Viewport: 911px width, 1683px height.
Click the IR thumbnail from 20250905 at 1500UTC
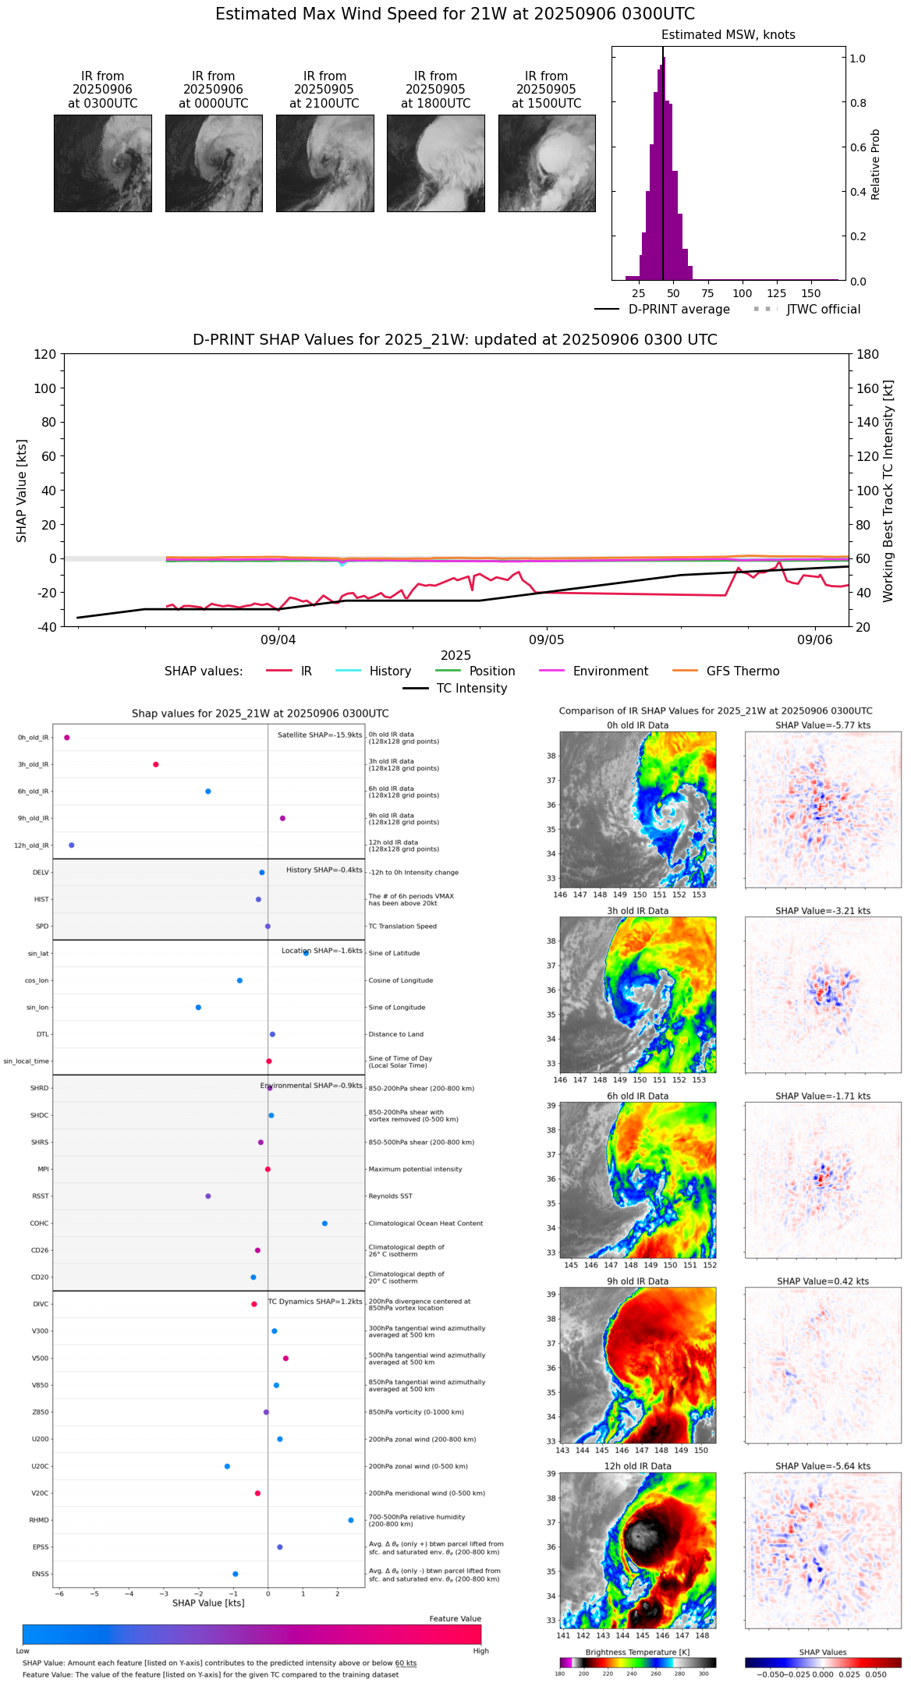coord(547,163)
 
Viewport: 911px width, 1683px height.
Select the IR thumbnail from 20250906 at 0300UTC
coord(102,163)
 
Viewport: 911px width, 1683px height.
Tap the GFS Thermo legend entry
coord(743,671)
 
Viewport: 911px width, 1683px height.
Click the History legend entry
coord(390,671)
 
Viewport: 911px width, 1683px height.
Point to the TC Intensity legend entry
coord(471,688)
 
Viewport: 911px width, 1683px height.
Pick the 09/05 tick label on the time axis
coord(547,640)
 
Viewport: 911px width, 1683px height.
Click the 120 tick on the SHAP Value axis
coord(45,354)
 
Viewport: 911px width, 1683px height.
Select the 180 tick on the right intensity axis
coord(868,354)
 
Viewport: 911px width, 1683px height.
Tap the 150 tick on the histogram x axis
coord(811,293)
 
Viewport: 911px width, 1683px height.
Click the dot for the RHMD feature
coord(351,1520)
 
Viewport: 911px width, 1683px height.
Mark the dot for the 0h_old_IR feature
coord(67,737)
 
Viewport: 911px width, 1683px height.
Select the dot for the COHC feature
coord(324,1223)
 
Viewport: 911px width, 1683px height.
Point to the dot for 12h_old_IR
coord(72,845)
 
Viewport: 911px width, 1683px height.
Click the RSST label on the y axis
coord(41,1196)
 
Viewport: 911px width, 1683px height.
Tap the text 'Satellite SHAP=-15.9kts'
coord(320,735)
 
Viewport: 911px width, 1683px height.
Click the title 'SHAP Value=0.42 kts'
coord(822,1281)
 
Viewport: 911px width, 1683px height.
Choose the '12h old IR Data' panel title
coord(637,1466)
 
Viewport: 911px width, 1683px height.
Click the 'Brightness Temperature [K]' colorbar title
coord(637,1652)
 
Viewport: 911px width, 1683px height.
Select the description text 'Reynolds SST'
coord(390,1196)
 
